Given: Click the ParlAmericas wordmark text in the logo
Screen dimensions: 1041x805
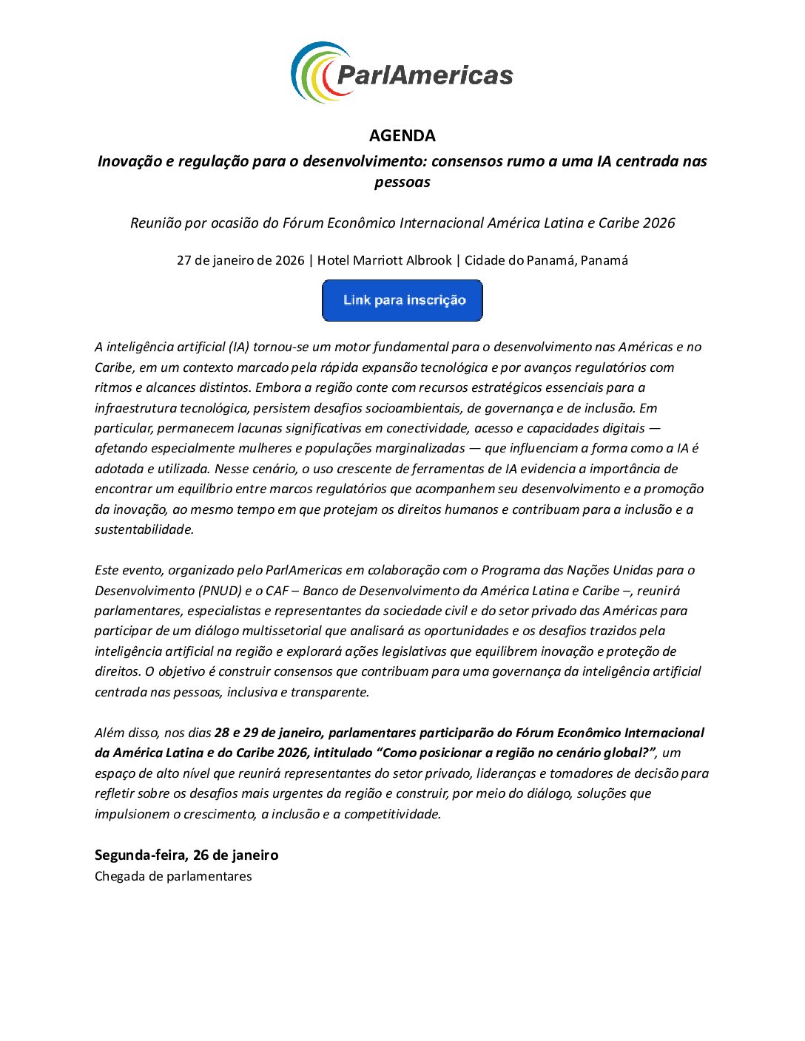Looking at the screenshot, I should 424,75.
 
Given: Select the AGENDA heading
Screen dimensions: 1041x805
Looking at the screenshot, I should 402,135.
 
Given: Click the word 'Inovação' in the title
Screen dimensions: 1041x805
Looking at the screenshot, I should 127,161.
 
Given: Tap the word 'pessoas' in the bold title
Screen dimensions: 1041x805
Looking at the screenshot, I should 402,182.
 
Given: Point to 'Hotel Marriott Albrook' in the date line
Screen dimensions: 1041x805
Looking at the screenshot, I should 384,260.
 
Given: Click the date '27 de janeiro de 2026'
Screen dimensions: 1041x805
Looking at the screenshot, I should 240,260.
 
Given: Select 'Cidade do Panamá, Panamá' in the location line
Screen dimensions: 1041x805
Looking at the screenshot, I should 546,260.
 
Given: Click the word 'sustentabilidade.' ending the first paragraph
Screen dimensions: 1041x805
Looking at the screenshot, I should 144,529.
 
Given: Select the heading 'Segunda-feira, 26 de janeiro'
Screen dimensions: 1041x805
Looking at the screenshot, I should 186,855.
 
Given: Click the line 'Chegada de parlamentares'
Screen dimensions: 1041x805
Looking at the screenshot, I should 173,876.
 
